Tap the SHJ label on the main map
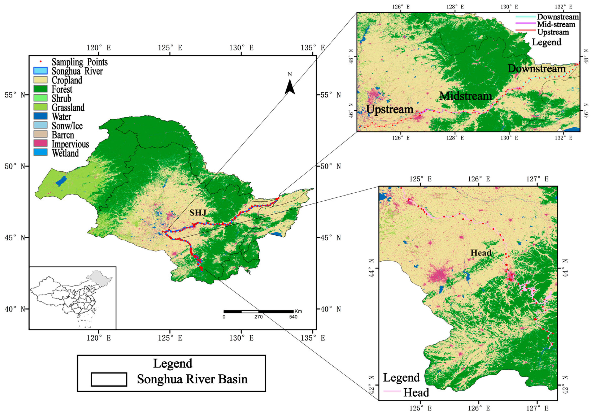pyautogui.click(x=198, y=212)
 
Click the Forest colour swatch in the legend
pyautogui.click(x=40, y=89)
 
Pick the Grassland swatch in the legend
pyautogui.click(x=40, y=107)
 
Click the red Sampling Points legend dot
pyautogui.click(x=40, y=62)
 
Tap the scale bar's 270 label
pyautogui.click(x=258, y=317)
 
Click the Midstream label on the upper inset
pyautogui.click(x=466, y=96)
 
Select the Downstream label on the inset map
pyautogui.click(x=537, y=69)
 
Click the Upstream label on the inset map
pyautogui.click(x=390, y=110)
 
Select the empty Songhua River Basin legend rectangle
pyautogui.click(x=109, y=379)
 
